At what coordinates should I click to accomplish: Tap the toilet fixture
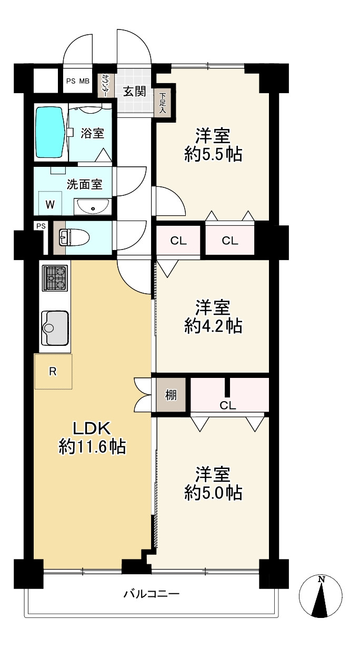(x=74, y=237)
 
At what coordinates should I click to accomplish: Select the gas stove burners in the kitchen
(x=55, y=278)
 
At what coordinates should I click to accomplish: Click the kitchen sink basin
(x=55, y=328)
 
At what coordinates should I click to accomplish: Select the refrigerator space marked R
(x=53, y=371)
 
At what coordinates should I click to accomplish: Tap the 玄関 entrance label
(x=134, y=92)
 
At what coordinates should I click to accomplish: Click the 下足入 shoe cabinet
(x=163, y=103)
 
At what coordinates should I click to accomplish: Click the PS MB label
(x=77, y=81)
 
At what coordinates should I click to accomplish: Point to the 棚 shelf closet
(x=171, y=395)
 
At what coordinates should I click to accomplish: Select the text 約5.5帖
(x=213, y=155)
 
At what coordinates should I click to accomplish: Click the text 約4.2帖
(x=213, y=326)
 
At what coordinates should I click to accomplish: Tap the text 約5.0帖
(x=213, y=493)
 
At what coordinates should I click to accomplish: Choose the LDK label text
(x=91, y=428)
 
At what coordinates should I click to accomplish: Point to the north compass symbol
(x=321, y=594)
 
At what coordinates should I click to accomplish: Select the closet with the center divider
(x=229, y=394)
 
